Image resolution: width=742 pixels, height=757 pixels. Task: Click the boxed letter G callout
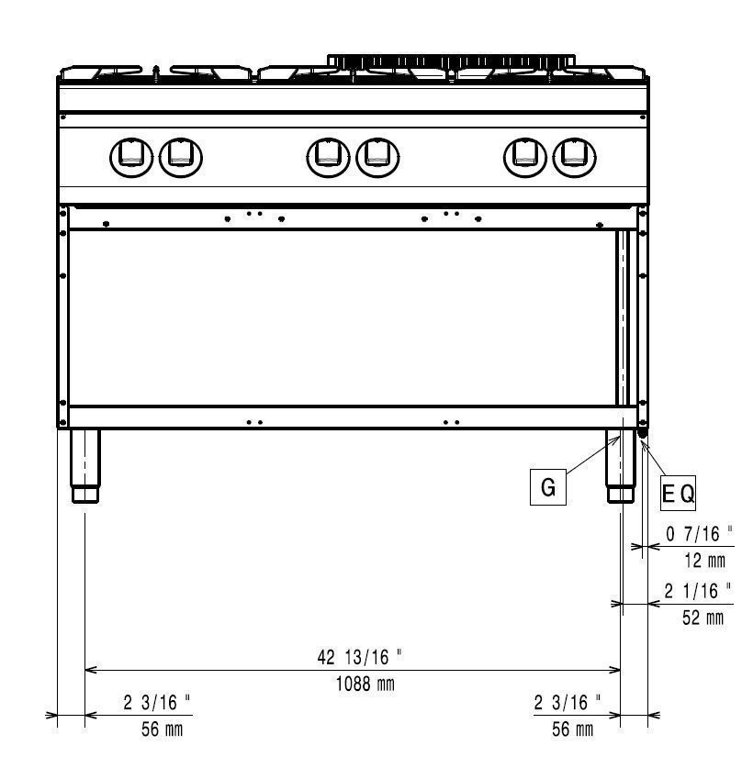(x=548, y=486)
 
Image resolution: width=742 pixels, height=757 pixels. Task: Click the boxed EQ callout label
(x=678, y=493)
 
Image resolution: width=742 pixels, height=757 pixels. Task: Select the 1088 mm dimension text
(x=365, y=684)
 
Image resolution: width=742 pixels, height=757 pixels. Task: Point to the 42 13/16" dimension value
(x=360, y=657)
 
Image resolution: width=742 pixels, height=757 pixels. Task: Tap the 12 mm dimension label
(x=704, y=561)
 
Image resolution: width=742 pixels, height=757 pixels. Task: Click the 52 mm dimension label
(x=703, y=618)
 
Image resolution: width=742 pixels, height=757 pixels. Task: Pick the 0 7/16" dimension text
(x=699, y=534)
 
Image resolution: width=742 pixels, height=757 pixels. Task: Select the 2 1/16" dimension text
(x=698, y=591)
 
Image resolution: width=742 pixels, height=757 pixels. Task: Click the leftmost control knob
(x=131, y=158)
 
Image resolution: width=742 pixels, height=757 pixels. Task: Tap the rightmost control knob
(x=574, y=158)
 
